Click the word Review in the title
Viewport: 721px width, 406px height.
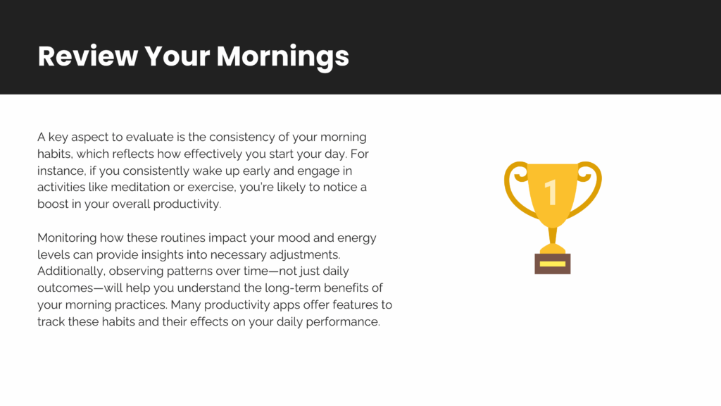tap(88, 56)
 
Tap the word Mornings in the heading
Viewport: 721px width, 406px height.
tap(283, 57)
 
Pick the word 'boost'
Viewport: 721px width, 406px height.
tap(53, 204)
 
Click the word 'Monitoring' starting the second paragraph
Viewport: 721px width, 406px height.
tap(67, 238)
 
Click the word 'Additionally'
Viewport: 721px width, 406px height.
tap(71, 271)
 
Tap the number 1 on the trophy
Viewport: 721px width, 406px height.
tap(551, 192)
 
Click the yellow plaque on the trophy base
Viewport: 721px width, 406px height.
tap(552, 264)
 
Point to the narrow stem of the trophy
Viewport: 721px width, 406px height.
tap(552, 235)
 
